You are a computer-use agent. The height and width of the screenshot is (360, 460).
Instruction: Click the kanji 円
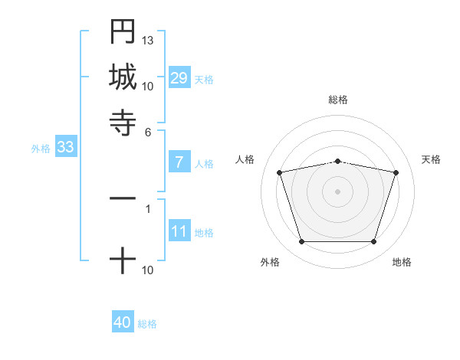123,32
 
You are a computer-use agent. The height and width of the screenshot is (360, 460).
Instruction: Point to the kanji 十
123,260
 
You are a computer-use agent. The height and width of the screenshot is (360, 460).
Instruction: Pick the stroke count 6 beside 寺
148,132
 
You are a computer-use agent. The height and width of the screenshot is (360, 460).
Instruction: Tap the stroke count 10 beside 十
148,270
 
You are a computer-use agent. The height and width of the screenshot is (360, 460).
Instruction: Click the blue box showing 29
179,78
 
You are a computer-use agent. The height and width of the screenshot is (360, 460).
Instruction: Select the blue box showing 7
179,162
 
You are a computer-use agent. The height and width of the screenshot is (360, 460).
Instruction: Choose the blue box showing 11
179,231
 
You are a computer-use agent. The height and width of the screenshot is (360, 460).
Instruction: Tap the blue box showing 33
64,148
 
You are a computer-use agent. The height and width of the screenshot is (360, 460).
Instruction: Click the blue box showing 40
123,322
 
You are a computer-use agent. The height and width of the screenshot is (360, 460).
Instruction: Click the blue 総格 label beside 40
148,324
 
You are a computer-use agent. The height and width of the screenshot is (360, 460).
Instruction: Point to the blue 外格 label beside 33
41,149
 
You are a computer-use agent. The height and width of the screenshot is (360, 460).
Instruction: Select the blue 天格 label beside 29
204,80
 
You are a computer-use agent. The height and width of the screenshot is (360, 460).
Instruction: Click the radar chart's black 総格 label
338,100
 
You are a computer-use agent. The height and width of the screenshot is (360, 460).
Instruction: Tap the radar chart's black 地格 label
402,263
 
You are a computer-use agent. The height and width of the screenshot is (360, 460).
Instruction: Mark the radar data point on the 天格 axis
396,172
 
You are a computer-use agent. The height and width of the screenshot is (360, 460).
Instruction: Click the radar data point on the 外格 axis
301,242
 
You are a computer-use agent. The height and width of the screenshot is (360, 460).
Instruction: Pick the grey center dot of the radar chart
338,191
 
